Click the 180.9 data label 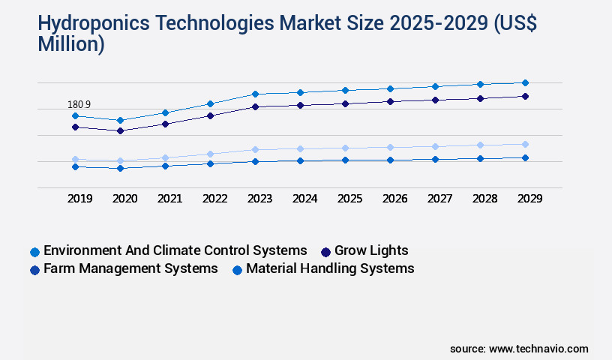coord(79,104)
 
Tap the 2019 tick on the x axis coord(79,199)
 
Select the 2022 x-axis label coord(214,199)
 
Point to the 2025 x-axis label coord(349,199)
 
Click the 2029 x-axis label coord(529,199)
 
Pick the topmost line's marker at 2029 coord(525,82)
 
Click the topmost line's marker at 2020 coord(120,120)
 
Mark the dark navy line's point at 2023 coord(255,106)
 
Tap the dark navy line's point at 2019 coord(75,127)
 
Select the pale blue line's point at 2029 coord(525,144)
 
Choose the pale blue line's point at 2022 coord(210,154)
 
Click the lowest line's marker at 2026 coord(390,160)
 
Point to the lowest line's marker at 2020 coord(120,168)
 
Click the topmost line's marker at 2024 coord(300,92)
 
